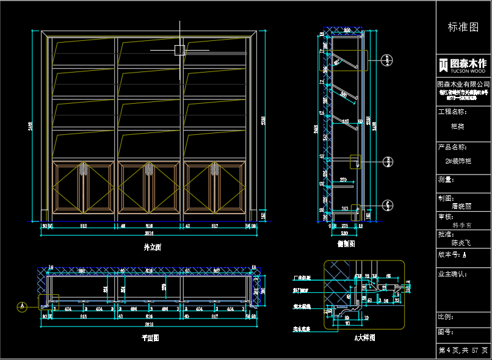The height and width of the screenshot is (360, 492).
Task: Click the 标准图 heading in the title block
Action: [x=463, y=27]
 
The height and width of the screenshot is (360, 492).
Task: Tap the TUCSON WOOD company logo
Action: [x=463, y=65]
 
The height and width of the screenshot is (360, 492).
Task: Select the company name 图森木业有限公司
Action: [x=463, y=84]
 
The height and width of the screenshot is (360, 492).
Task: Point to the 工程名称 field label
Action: [x=452, y=112]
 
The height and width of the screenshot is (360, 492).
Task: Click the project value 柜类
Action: [x=457, y=126]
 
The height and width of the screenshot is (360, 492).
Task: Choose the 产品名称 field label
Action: [x=452, y=147]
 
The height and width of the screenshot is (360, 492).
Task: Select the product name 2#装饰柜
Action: [x=458, y=161]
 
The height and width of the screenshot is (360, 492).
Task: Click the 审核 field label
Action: [x=445, y=217]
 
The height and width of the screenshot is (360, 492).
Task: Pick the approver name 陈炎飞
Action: [x=461, y=242]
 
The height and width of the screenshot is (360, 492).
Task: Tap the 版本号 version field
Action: [x=452, y=254]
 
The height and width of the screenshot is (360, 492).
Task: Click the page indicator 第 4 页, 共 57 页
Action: [x=463, y=350]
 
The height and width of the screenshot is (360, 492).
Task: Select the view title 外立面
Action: [x=152, y=248]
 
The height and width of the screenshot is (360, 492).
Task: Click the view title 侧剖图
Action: [x=346, y=243]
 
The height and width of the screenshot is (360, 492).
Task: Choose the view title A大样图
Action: [x=364, y=337]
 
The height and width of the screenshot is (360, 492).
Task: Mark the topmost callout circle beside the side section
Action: [x=387, y=60]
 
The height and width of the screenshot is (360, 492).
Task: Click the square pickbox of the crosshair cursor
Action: [x=179, y=50]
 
